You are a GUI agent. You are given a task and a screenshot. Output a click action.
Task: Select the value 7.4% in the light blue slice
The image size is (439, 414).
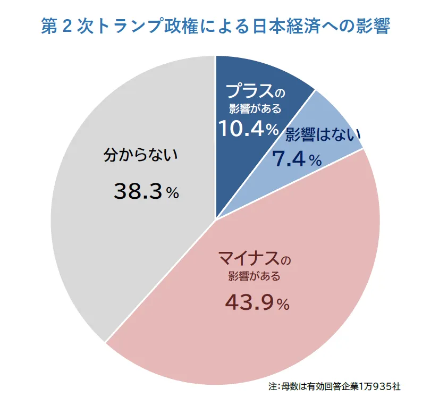tap(297, 158)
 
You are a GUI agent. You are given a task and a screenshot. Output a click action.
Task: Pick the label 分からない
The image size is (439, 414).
tap(139, 156)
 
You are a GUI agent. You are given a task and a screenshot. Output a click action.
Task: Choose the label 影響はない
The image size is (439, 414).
tap(323, 135)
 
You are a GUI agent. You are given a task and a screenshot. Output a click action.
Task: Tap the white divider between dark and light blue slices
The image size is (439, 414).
tap(266, 154)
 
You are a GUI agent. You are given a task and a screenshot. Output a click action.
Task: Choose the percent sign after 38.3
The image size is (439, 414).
tap(172, 193)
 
